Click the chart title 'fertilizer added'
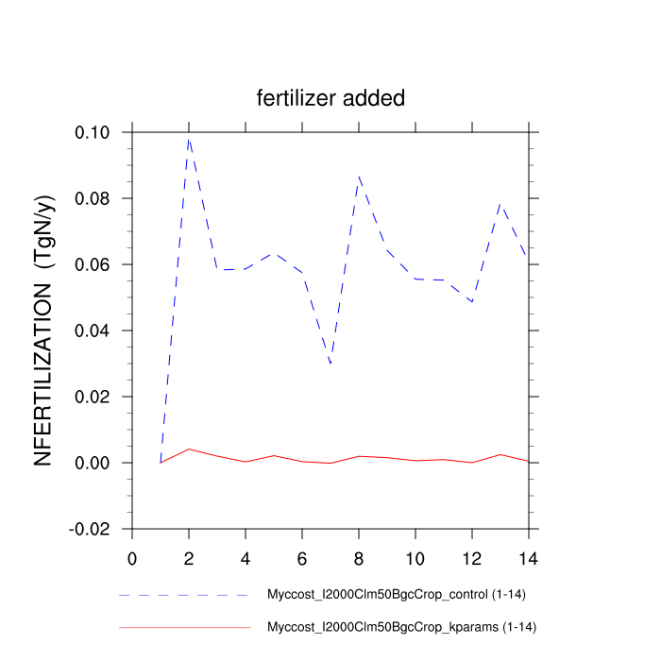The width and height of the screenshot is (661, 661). (330, 98)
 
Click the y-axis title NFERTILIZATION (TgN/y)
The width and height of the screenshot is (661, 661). (45, 330)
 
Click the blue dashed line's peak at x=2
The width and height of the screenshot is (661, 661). (189, 138)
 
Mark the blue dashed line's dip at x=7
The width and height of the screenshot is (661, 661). (330, 364)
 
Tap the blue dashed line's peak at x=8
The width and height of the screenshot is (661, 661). (359, 176)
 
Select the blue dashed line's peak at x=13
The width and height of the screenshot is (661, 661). (500, 203)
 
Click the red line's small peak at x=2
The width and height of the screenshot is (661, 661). (189, 449)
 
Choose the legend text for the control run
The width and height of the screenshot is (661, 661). (392, 595)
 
